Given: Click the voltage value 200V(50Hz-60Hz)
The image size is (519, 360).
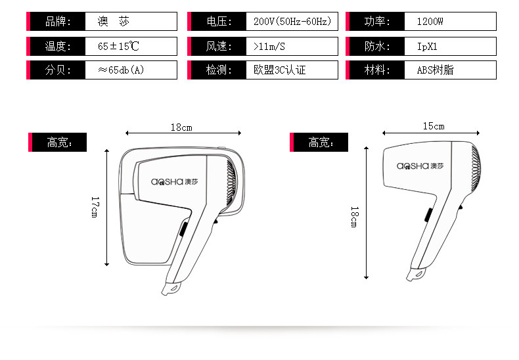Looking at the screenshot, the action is point(291,22).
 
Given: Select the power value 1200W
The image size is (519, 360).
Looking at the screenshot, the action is point(430,22).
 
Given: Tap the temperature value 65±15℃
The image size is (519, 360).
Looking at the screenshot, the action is point(118,47).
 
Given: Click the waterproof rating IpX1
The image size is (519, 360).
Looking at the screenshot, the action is point(427,47).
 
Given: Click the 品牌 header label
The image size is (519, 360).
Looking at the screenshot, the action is point(56,22).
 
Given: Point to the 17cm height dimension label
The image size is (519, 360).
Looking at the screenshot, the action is point(95,207).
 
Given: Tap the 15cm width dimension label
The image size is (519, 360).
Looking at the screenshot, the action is point(434,126).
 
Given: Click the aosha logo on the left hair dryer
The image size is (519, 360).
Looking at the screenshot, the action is point(173,182).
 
